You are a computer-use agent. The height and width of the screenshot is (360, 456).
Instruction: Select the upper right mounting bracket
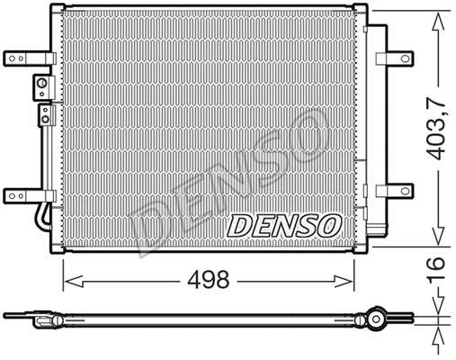click(x=394, y=59)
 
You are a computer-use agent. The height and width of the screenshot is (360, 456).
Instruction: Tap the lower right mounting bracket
click(x=394, y=191)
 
